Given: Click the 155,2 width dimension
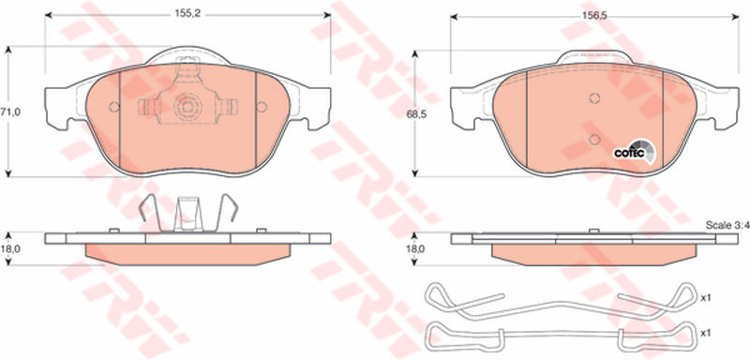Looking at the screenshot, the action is (x=187, y=15).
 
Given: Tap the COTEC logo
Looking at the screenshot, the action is (x=635, y=152).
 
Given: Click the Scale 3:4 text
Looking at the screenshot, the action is (x=727, y=225).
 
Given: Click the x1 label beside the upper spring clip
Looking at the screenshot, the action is (x=705, y=298).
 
